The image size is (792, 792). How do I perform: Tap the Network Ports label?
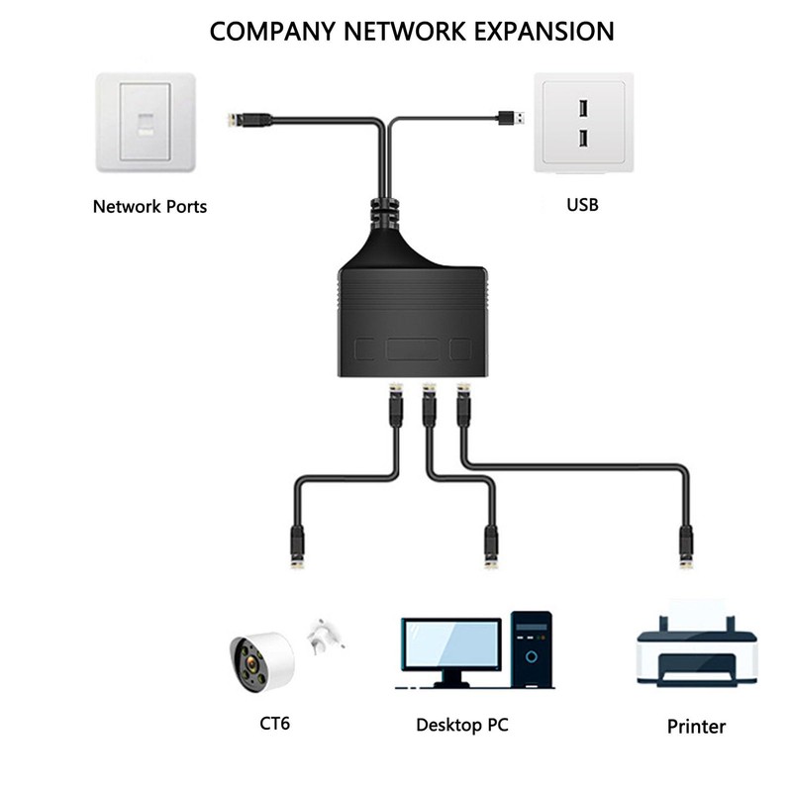coord(149,207)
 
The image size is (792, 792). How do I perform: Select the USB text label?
coord(582,206)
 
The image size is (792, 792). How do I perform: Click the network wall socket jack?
coord(145,126)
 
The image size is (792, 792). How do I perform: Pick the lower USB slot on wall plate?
coord(582,138)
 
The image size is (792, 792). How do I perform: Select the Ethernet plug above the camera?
coord(296,546)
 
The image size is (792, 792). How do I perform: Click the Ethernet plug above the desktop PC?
coord(490,546)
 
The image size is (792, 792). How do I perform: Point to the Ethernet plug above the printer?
coord(685,546)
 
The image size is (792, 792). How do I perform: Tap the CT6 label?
coord(276,723)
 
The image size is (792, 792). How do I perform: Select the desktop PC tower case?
coord(532,649)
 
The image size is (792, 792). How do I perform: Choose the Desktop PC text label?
coord(461,725)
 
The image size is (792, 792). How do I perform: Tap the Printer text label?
coord(696,727)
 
